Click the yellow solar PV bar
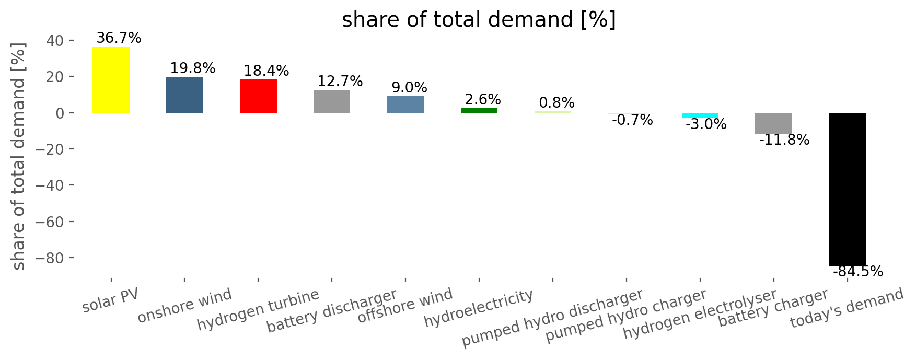point(111,79)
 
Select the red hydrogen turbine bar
point(258,96)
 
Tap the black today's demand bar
point(847,189)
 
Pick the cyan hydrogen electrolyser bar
point(700,115)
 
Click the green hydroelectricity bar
point(479,110)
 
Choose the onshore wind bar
point(184,95)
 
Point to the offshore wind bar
point(405,104)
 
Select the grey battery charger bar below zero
point(773,123)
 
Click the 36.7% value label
point(119,38)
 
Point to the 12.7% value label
point(340,82)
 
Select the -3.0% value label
point(706,124)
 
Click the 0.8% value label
point(556,102)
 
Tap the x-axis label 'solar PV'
point(111,300)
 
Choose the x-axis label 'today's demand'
point(847,309)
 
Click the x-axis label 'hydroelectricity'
point(479,308)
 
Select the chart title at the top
point(479,20)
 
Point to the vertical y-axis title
point(19,156)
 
